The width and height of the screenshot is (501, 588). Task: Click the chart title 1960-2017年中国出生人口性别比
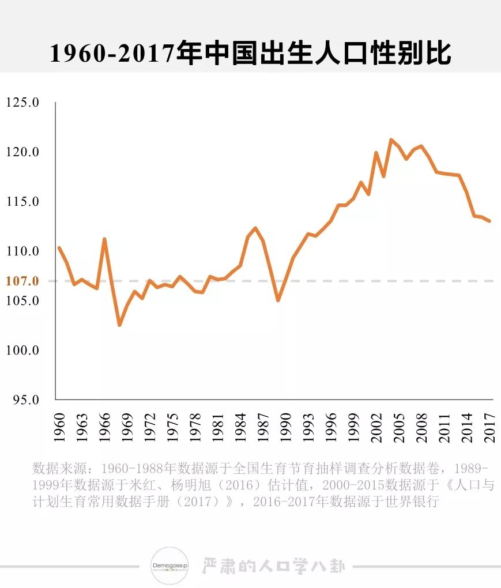click(250, 54)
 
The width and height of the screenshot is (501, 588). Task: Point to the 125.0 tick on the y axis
click(22, 103)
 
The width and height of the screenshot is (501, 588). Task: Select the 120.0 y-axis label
click(22, 152)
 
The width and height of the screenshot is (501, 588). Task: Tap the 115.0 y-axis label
click(22, 202)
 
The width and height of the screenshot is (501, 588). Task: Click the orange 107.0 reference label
click(22, 281)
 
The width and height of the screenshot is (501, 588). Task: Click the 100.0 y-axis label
click(22, 350)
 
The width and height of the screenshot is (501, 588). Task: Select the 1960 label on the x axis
click(59, 428)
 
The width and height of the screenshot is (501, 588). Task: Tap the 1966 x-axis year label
click(104, 428)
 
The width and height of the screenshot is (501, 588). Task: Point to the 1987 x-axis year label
click(263, 428)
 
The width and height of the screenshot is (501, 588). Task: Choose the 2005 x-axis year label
click(399, 428)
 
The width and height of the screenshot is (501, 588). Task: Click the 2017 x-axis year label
click(489, 428)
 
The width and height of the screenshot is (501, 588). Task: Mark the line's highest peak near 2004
click(391, 140)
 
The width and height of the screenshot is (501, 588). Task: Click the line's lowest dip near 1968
click(119, 325)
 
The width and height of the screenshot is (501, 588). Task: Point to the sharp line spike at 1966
click(104, 239)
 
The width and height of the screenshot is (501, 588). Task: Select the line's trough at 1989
click(278, 300)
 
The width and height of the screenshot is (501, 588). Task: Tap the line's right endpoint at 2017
click(489, 221)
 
